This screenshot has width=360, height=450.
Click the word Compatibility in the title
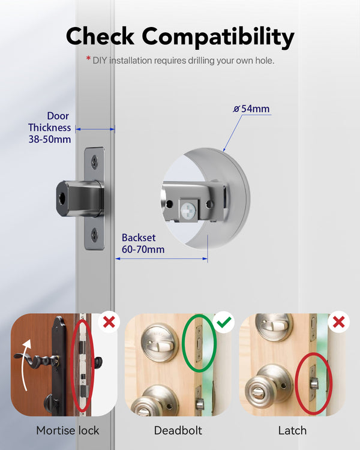tap(218, 37)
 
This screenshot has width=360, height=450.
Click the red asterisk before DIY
tap(88, 59)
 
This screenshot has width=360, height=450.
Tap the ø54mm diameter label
tap(251, 109)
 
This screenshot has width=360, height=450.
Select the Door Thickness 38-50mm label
tap(49, 127)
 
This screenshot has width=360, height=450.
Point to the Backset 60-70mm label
tap(143, 244)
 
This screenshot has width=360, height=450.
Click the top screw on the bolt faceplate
tap(94, 161)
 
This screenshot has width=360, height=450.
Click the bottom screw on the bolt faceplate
tap(94, 235)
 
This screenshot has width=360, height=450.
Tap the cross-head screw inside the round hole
tap(188, 211)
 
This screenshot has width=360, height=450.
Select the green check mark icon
tap(224, 322)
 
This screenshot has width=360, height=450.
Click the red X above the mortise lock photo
tap(109, 322)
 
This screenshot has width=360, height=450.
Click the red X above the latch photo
tap(339, 322)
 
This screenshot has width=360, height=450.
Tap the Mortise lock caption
tap(67, 430)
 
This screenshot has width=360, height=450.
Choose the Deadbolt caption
tap(178, 430)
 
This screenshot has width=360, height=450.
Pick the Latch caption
tap(292, 430)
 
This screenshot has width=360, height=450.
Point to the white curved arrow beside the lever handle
tap(25, 364)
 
